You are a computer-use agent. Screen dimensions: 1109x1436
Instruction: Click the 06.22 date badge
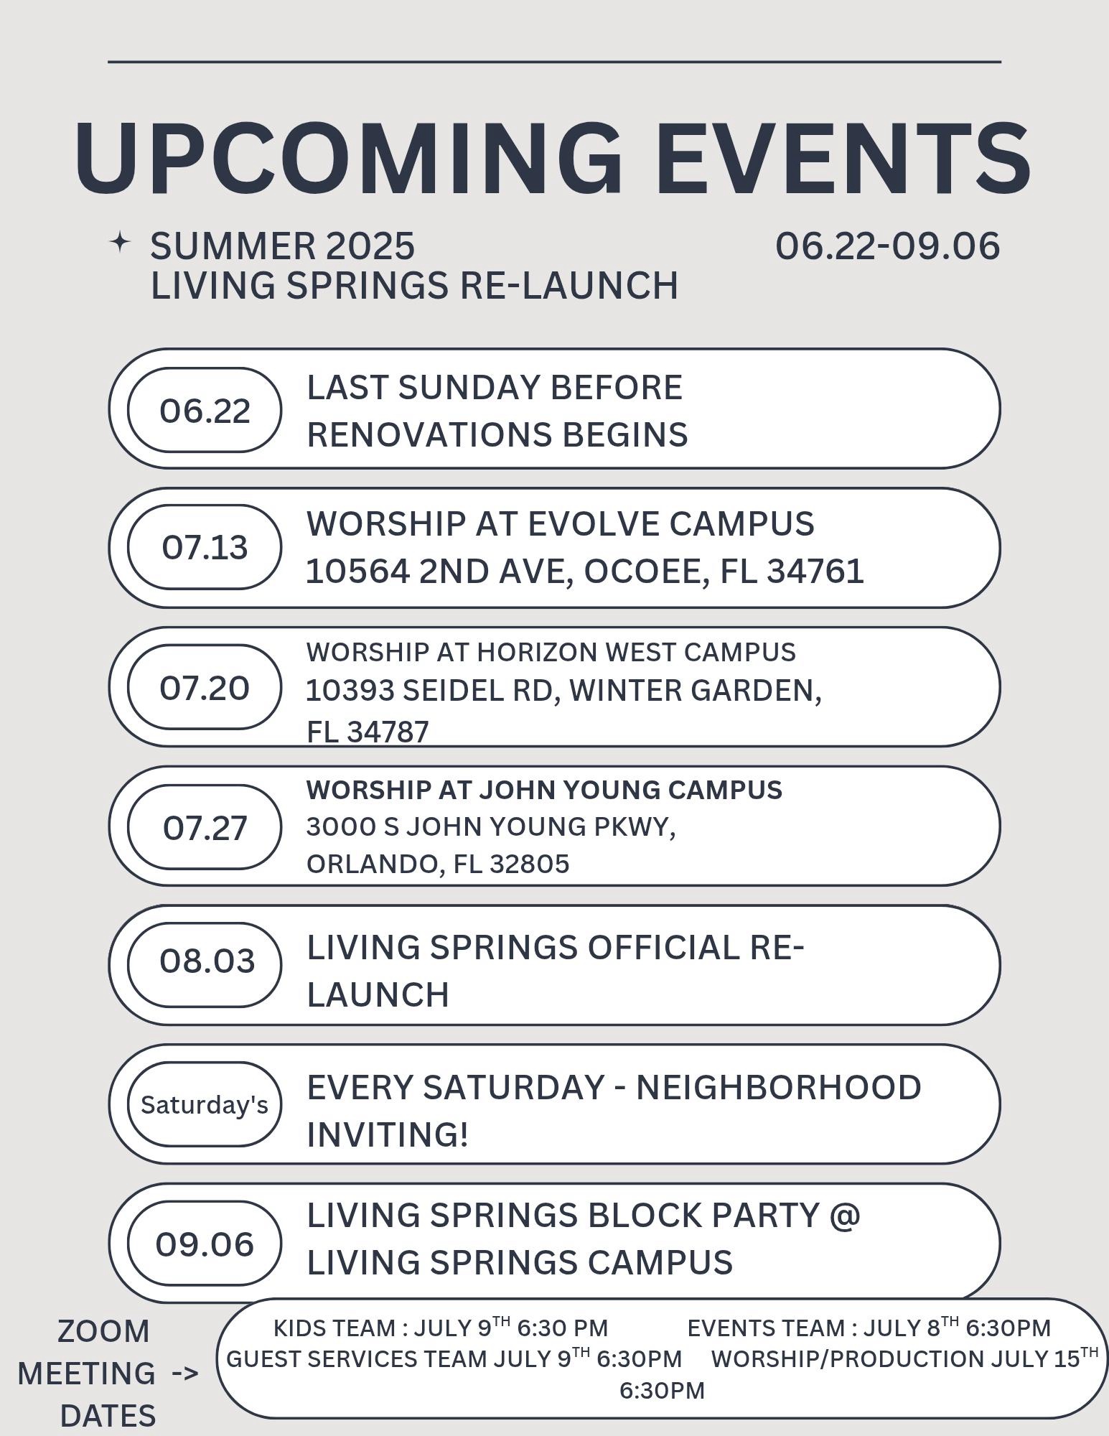205,410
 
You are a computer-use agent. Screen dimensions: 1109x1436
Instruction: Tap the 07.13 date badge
205,547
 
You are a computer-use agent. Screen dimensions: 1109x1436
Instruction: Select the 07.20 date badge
205,687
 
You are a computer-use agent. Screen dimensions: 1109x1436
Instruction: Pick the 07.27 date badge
205,827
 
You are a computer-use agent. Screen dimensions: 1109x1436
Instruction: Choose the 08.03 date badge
205,965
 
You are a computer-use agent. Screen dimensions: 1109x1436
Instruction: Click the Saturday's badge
205,1104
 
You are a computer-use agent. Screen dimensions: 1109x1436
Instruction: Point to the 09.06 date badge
205,1244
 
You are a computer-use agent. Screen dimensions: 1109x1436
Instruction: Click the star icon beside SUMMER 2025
120,242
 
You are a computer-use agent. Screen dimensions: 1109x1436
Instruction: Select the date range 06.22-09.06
887,246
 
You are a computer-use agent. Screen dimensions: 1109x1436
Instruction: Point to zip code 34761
815,572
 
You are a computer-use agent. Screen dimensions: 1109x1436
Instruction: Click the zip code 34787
388,732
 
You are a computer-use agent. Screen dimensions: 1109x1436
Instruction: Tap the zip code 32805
530,864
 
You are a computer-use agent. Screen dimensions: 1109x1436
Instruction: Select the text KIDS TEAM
334,1328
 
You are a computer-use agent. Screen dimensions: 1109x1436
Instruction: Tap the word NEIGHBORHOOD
779,1088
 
